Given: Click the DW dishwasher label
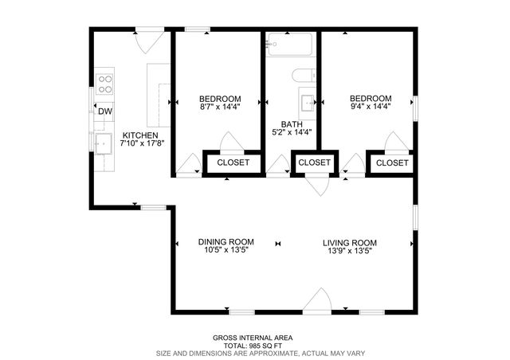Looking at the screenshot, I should pos(105,112).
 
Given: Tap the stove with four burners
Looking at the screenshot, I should pos(104,81).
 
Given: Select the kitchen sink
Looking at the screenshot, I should pos(104,143).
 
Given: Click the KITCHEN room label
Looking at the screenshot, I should pos(139,135).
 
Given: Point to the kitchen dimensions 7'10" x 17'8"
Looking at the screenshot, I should pos(139,144).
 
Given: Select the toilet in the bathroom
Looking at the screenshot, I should pos(304,76).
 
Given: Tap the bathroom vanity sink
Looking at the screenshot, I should pos(307,103).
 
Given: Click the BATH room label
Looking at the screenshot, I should pos(291,124).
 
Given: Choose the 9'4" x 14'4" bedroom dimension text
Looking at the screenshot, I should pos(371,108).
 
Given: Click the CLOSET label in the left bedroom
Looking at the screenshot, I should pos(233,162).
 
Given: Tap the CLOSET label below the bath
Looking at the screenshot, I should pos(314,162).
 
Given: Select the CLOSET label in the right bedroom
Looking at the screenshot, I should pos(391,162).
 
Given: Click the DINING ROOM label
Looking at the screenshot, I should pos(226,242).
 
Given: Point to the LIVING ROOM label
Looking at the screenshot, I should pos(349,242).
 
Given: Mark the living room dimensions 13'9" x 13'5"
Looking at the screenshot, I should pos(349,251).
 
